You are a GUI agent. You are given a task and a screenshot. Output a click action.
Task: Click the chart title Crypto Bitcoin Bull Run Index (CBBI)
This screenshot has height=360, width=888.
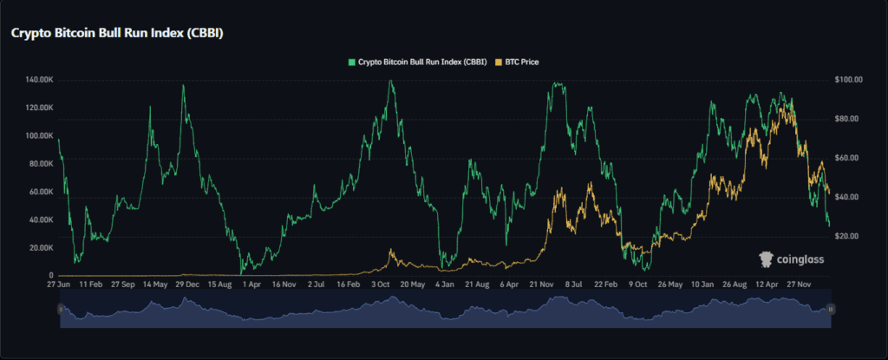(117, 34)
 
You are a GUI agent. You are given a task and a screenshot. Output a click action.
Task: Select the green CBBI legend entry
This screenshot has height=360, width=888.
(417, 62)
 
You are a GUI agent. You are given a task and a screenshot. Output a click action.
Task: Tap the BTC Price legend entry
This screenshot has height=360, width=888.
(517, 62)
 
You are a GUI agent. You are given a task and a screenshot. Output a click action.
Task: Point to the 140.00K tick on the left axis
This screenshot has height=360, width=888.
(39, 80)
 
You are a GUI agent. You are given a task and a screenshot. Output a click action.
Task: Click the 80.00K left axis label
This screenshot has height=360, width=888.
(40, 164)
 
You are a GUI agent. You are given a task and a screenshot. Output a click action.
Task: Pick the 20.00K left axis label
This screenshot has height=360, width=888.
(40, 248)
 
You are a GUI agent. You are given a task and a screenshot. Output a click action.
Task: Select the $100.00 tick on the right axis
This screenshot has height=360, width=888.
(848, 80)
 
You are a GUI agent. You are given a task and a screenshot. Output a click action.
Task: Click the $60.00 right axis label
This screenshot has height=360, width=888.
(846, 158)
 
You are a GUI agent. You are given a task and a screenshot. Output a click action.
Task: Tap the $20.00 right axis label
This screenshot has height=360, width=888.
(846, 237)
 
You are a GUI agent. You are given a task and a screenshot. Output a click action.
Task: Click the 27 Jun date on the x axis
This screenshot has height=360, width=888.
(58, 284)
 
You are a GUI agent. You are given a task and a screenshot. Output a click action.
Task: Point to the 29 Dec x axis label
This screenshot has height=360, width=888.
(187, 284)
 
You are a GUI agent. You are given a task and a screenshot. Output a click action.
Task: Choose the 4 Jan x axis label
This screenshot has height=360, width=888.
(445, 284)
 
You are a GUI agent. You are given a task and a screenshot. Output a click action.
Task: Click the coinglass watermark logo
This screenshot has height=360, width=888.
(791, 259)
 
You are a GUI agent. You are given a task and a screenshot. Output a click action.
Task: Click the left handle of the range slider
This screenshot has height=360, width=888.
(61, 309)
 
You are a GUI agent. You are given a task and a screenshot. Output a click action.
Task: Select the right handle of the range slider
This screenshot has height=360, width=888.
(830, 309)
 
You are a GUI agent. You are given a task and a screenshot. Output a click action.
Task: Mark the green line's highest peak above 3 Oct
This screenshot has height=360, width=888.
(390, 81)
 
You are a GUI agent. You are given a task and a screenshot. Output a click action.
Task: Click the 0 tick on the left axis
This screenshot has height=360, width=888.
(50, 276)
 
